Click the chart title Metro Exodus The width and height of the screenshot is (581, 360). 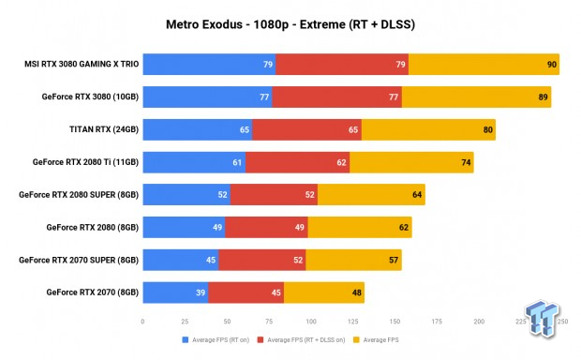(x=290, y=22)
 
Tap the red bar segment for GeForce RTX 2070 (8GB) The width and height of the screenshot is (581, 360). (x=246, y=292)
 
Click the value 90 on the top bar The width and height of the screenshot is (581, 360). (x=552, y=65)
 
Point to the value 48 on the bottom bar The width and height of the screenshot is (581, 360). (x=357, y=292)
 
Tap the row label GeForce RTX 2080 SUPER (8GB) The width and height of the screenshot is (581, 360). (x=78, y=195)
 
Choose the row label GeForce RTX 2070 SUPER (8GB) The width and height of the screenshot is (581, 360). (x=78, y=260)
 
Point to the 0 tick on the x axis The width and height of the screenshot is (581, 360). (x=142, y=320)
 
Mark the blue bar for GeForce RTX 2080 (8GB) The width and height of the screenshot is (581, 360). (x=184, y=228)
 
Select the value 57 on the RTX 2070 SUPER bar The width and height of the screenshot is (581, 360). (x=395, y=260)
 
